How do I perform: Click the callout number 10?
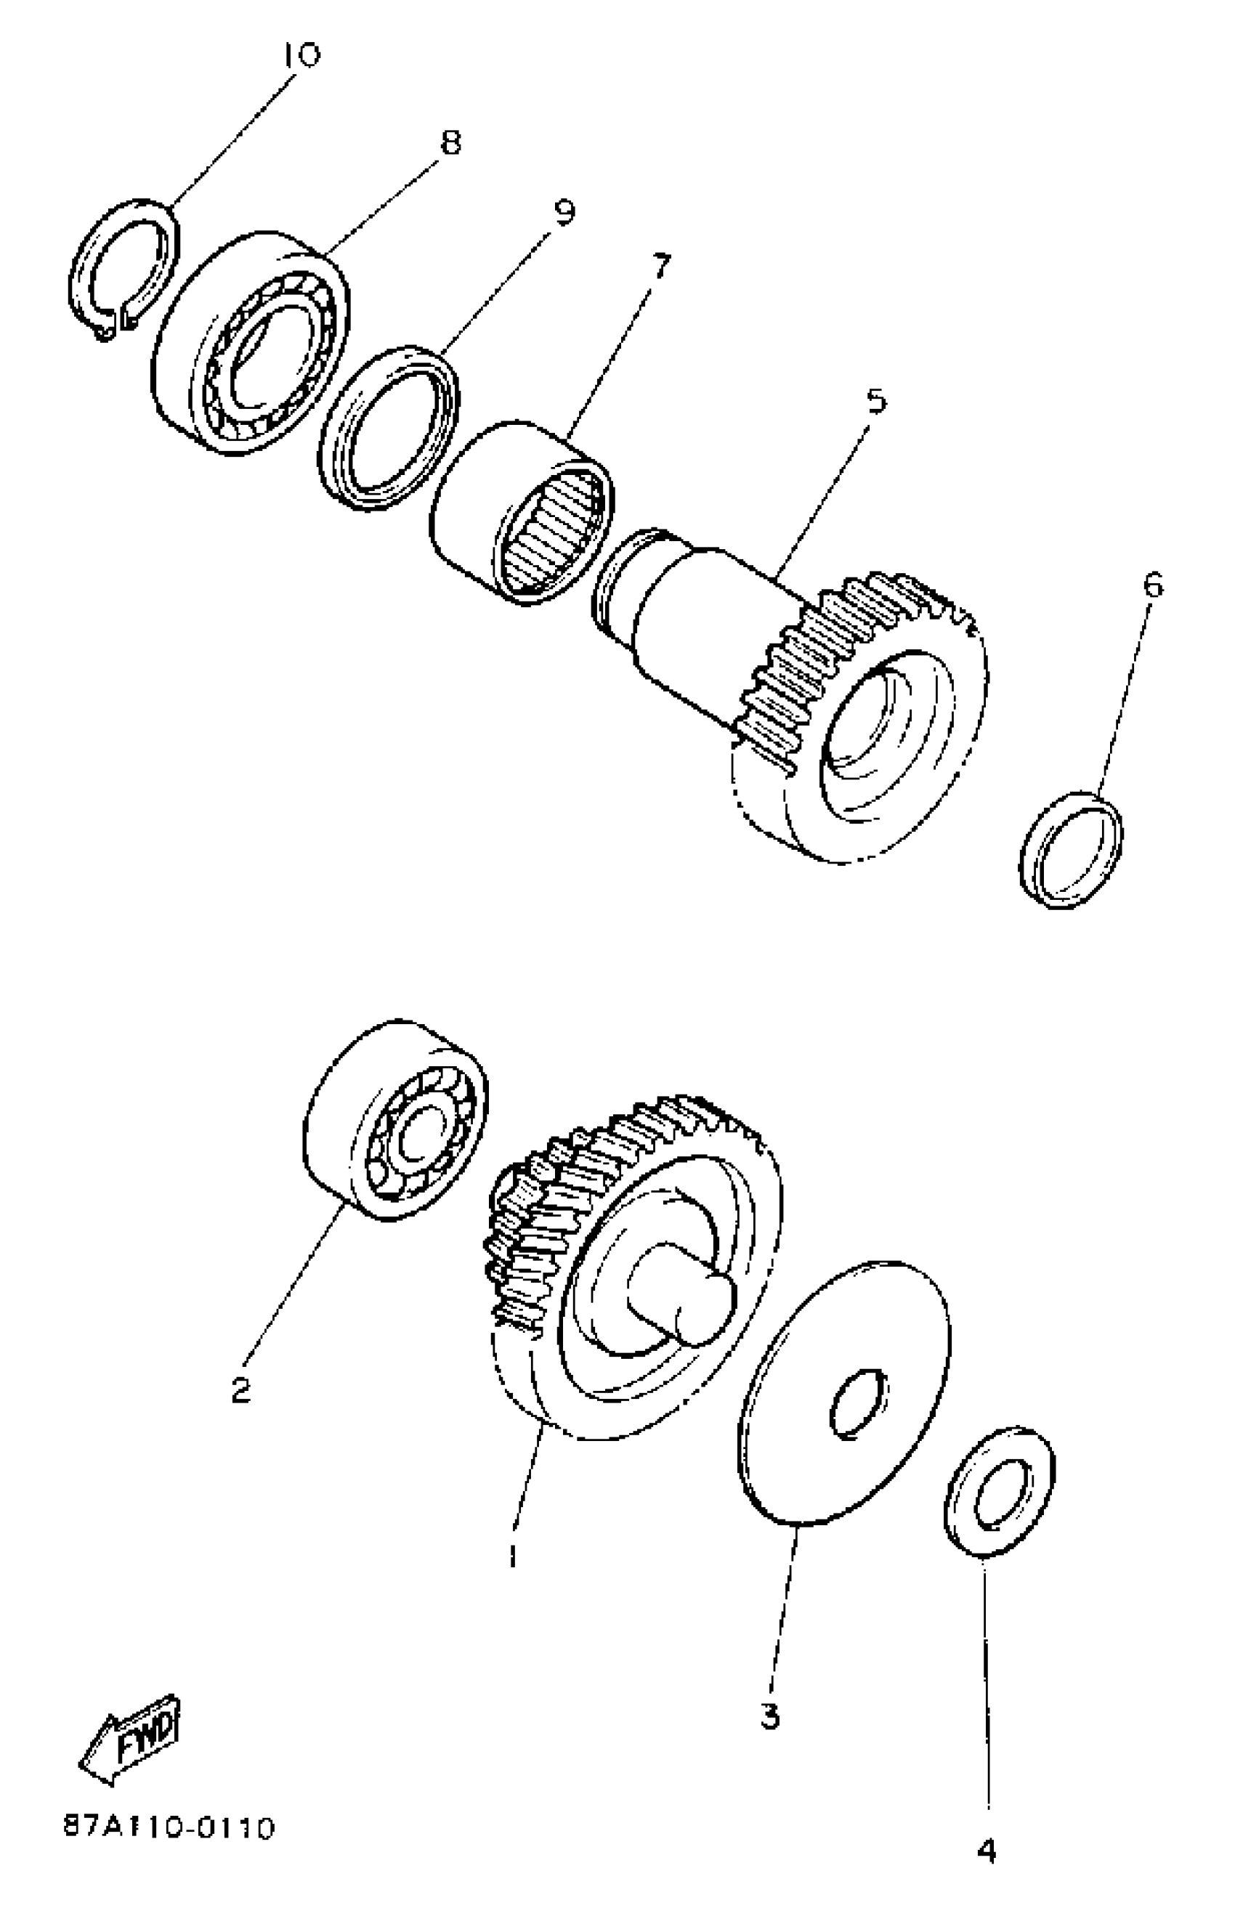pyautogui.click(x=301, y=55)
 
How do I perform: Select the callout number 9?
pyautogui.click(x=564, y=213)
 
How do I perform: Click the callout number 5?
pyautogui.click(x=878, y=400)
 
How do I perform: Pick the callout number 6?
pyautogui.click(x=1152, y=585)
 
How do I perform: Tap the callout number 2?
pyautogui.click(x=240, y=1390)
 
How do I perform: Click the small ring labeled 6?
pyautogui.click(x=1072, y=849)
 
